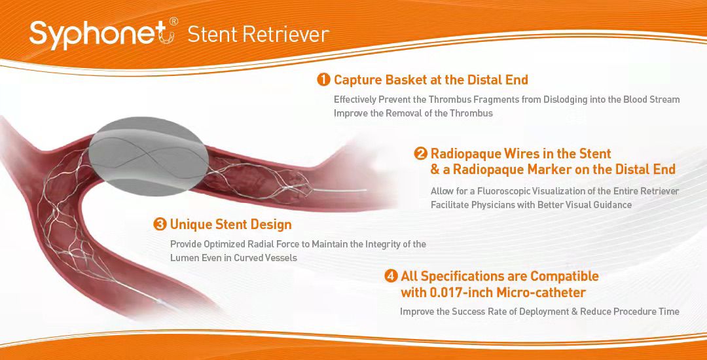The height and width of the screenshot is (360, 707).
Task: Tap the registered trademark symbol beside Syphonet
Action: (x=173, y=21)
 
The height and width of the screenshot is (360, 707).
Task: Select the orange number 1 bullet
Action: (x=323, y=80)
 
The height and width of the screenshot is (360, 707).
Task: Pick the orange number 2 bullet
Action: (x=420, y=154)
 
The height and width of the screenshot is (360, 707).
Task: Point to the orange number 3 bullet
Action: (x=160, y=224)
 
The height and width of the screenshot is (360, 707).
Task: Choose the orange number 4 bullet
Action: (x=391, y=276)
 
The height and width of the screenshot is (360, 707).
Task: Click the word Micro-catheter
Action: (x=541, y=293)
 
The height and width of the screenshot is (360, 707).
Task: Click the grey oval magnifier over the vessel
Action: (x=149, y=156)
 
